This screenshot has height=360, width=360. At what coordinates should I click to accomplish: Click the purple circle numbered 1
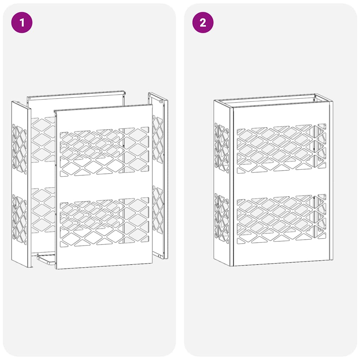pos(22,23)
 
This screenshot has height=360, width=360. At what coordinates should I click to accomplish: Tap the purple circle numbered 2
pos(203,23)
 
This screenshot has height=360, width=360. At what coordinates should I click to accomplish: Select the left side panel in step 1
pos(20,183)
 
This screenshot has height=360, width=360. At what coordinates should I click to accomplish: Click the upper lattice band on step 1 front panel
pos(104,152)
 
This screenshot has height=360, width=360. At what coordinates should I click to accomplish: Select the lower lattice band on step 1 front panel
pos(104,222)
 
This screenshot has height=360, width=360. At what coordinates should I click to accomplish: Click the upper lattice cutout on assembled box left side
pos(222,148)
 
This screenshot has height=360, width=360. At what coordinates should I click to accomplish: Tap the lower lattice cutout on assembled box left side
pos(222,218)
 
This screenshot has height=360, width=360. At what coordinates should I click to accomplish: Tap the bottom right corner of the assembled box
pos(331,259)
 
